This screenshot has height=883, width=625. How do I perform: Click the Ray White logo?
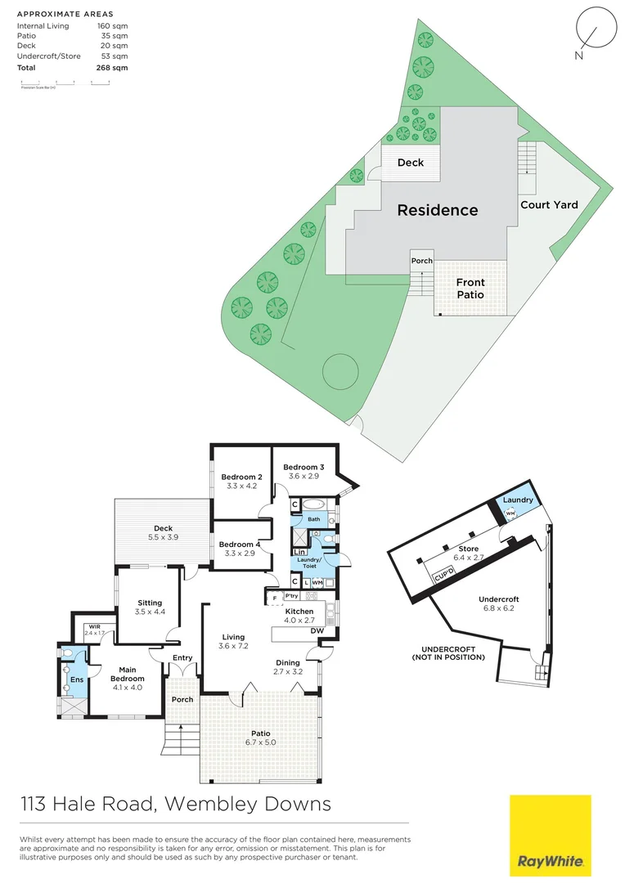[550, 835]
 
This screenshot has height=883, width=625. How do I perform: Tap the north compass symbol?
[592, 30]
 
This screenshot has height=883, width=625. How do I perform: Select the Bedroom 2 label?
[241, 477]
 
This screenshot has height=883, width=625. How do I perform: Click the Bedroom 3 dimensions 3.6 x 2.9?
[304, 476]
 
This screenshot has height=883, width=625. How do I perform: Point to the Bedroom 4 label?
[240, 545]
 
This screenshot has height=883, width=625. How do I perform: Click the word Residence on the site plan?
[437, 210]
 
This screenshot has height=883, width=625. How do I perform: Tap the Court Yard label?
[549, 205]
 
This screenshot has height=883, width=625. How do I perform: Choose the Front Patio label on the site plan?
[470, 289]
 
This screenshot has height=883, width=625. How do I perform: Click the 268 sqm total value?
[113, 68]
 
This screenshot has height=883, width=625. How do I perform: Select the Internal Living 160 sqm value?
[113, 26]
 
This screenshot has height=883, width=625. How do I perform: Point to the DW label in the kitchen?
[318, 630]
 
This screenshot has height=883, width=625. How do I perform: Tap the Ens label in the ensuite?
[76, 679]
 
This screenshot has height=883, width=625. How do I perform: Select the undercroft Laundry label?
[518, 500]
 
